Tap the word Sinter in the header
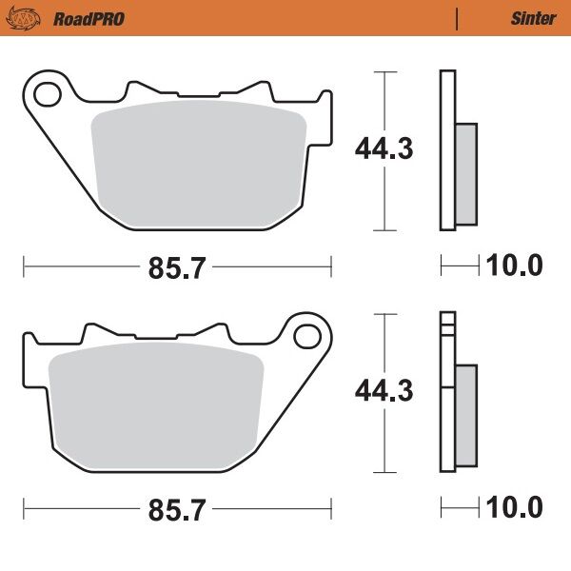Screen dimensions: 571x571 coord(532,18)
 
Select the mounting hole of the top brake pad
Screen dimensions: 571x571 coord(45,92)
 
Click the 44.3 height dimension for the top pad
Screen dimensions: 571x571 coord(384,148)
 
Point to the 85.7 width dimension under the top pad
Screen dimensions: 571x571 coord(176,268)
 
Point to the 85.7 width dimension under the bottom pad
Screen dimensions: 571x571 coord(176,511)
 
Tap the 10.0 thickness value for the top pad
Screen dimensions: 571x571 coord(514,266)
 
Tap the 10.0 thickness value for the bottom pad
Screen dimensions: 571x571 coord(514,508)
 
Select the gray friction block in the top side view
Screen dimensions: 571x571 coord(465,175)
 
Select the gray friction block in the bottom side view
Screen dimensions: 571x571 coord(465,417)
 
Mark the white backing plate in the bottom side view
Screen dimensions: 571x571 coord(447,400)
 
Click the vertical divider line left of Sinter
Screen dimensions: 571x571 coord(458,18)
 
